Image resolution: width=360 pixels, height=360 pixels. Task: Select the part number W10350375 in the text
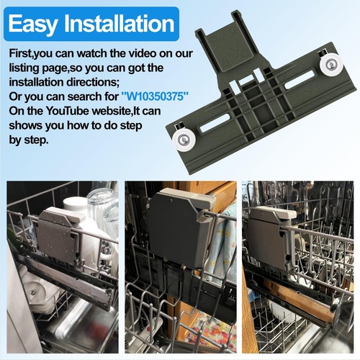tap(162, 94)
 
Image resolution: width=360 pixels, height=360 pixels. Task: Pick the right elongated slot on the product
tap(298, 82)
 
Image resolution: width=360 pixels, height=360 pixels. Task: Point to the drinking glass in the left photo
tap(102, 209)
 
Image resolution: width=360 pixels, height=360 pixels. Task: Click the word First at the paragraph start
tap(22, 54)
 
